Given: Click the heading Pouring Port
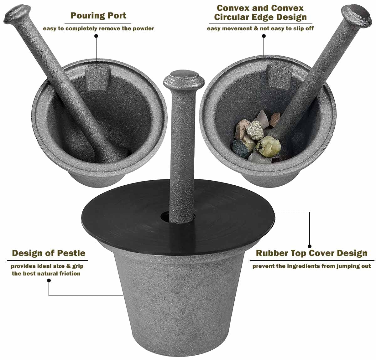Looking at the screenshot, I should [x=98, y=16].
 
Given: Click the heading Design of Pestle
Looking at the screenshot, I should [x=49, y=253].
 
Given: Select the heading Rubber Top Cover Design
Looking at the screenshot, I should [x=311, y=253].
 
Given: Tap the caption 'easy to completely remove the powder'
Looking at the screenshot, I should [x=98, y=28].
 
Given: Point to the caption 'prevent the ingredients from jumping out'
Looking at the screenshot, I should [x=311, y=266].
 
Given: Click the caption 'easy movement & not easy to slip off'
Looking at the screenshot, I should [x=260, y=28].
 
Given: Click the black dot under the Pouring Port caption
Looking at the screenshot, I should [x=96, y=36].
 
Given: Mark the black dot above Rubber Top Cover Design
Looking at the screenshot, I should [x=310, y=246].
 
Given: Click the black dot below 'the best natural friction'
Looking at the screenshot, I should [x=49, y=280].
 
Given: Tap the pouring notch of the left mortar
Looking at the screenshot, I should [x=98, y=78].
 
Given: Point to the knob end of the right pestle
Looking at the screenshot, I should [x=357, y=13].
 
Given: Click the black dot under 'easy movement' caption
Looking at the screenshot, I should [x=264, y=36].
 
